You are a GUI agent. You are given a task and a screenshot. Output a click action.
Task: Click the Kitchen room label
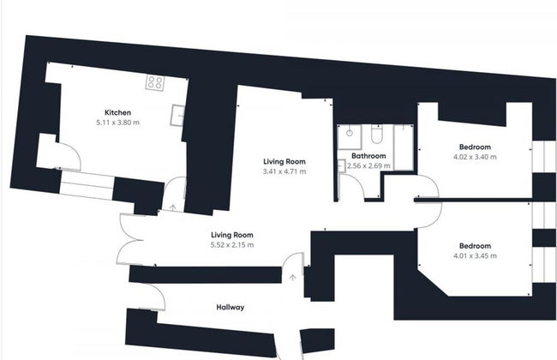pyautogui.click(x=117, y=113)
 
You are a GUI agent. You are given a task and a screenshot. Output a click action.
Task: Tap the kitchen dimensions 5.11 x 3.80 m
pyautogui.click(x=117, y=123)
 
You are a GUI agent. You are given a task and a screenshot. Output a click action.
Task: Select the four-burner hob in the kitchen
pyautogui.click(x=156, y=83)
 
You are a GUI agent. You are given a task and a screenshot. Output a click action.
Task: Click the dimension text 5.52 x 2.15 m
pyautogui.click(x=232, y=245)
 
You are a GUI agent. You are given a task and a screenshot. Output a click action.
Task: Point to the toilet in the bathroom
pyautogui.click(x=377, y=135)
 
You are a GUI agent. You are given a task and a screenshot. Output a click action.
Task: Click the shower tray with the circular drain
pyautogui.click(x=350, y=135)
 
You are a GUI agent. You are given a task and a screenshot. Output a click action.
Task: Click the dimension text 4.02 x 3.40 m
pyautogui.click(x=474, y=157)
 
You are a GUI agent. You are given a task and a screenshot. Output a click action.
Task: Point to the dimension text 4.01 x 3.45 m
pyautogui.click(x=474, y=255)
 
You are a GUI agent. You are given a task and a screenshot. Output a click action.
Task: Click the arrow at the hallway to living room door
pyautogui.click(x=293, y=276)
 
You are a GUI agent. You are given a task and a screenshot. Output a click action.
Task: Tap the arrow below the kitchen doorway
pyautogui.click(x=174, y=207)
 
